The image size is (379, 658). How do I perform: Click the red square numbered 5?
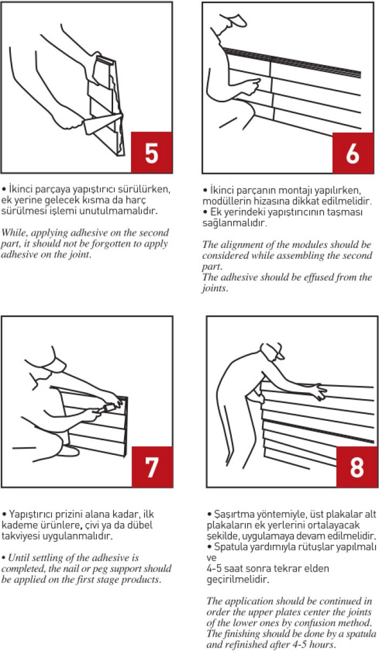(152, 152)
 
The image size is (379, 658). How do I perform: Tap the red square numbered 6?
(353, 153)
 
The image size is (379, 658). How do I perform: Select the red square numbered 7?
(152, 467)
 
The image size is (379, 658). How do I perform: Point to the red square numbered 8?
(357, 467)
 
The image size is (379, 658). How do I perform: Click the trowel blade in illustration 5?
(101, 123)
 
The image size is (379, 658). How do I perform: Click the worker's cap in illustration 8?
(273, 351)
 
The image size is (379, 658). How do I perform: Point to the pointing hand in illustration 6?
(252, 86)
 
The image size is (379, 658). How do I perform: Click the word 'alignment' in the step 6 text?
(251, 245)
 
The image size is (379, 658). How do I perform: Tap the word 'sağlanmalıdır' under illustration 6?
(235, 223)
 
